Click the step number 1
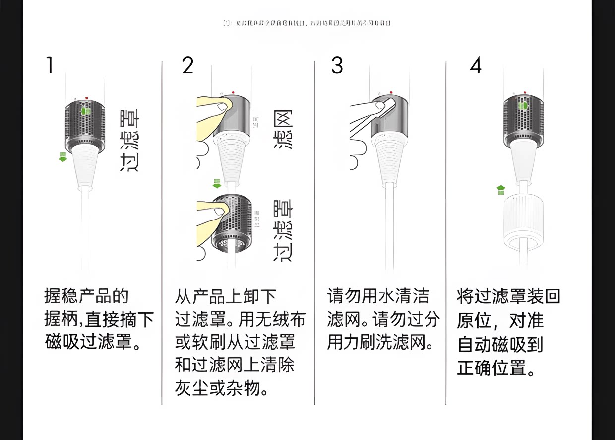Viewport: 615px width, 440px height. click(x=49, y=66)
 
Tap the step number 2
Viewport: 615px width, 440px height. click(x=187, y=66)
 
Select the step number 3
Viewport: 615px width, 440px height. click(x=337, y=66)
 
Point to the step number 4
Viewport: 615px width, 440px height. click(x=476, y=66)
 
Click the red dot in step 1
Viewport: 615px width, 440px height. click(x=87, y=98)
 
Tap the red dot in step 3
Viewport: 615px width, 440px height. click(x=391, y=92)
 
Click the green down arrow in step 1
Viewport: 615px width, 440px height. click(x=63, y=157)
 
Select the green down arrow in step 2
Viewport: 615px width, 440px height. click(x=217, y=184)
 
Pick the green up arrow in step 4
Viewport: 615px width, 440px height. click(x=501, y=190)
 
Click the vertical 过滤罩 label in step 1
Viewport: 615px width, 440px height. click(x=130, y=142)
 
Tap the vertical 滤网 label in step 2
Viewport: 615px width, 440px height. click(x=284, y=130)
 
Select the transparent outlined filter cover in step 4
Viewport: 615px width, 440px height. click(x=524, y=221)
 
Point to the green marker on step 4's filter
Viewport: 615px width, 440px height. click(x=523, y=106)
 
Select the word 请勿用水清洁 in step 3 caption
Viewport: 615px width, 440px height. click(x=378, y=296)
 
